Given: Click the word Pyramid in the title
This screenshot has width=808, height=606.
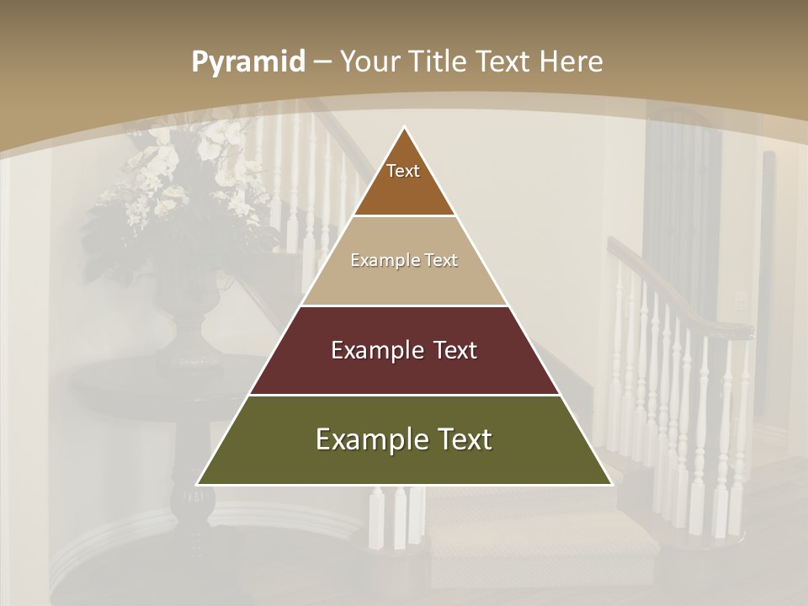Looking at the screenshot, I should pos(247,62).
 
